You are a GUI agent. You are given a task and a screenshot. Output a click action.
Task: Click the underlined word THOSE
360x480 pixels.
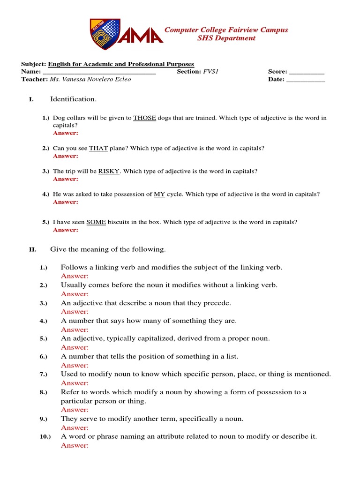pyautogui.click(x=144, y=118)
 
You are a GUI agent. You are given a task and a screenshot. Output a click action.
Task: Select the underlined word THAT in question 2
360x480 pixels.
pyautogui.click(x=98, y=148)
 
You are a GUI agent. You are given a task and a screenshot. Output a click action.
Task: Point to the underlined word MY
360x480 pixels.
pyautogui.click(x=159, y=194)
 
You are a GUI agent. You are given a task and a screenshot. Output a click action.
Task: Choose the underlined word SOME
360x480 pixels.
pyautogui.click(x=96, y=222)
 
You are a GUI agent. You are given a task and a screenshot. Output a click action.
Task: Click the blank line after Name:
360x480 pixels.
pyautogui.click(x=99, y=72)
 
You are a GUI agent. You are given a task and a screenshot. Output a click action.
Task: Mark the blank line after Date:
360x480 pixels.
pyautogui.click(x=305, y=79)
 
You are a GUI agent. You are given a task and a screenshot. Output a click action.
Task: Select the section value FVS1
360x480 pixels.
pyautogui.click(x=211, y=72)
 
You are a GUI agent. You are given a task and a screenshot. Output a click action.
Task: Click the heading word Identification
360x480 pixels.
pyautogui.click(x=74, y=99)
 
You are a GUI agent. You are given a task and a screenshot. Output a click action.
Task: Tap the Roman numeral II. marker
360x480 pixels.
pyautogui.click(x=33, y=250)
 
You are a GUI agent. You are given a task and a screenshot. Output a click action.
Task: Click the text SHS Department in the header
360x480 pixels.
pyautogui.click(x=226, y=38)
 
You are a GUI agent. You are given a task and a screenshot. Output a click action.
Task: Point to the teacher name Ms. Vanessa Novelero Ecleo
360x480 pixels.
pyautogui.click(x=90, y=79)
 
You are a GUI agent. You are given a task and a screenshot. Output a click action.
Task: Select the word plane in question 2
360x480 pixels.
pyautogui.click(x=118, y=148)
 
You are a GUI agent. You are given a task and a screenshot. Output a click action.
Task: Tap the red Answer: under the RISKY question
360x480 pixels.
pyautogui.click(x=66, y=179)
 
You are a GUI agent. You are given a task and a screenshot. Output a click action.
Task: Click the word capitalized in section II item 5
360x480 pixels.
pyautogui.click(x=140, y=338)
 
